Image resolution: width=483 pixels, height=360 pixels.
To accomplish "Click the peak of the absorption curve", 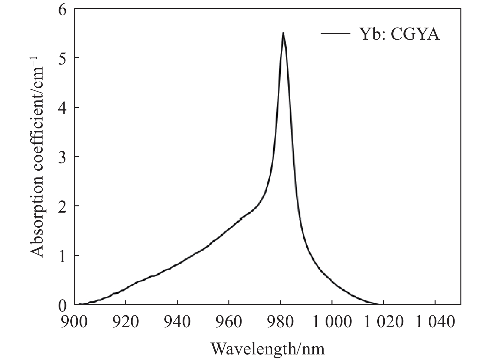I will tap(283, 33).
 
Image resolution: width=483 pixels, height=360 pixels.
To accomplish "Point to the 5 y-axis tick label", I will tap(62, 58).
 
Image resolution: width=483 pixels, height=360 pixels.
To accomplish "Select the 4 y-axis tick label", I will tap(62, 107).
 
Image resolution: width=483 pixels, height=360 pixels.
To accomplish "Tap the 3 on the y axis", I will tap(62, 157).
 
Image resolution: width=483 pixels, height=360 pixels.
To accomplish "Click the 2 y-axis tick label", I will tap(62, 206).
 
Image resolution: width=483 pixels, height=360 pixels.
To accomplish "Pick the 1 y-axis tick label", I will tap(62, 255).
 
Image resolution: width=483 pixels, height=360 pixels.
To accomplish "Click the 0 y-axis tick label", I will tap(62, 305).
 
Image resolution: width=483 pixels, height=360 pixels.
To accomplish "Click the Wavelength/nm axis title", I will tap(268, 349).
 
